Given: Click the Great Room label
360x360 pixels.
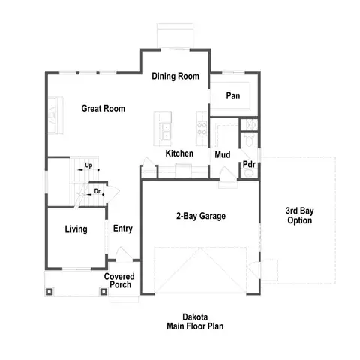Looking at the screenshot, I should pos(103,109).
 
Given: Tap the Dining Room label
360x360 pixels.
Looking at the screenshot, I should pos(175,76).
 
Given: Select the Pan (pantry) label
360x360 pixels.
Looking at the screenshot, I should pos(233,96).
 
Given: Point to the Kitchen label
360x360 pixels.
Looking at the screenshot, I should pos(179,154).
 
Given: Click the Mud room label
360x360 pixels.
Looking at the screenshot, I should pos(222,155).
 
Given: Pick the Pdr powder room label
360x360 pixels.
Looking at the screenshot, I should pos(249,165).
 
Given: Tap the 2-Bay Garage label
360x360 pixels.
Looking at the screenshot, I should pos(201,217).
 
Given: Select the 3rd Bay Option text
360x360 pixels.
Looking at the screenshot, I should pos(299,216).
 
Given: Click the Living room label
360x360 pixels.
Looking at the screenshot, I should pos(76,229).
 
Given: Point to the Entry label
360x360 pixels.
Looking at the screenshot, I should pos(123,229).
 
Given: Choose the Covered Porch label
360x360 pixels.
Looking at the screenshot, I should pos(118,280).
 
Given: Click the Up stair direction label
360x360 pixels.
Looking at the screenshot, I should pos(88,166).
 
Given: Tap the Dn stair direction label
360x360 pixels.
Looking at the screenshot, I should pos(97,192).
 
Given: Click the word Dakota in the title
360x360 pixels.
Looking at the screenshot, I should pos(195,317).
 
